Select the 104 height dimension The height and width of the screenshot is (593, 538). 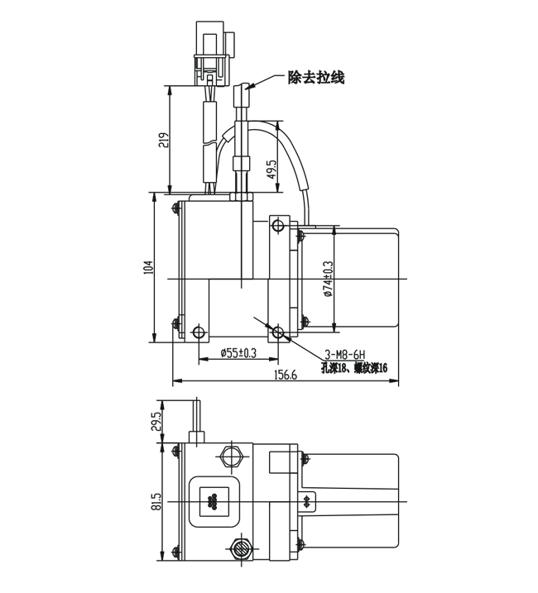point(148,266)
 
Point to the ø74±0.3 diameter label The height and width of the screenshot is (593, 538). point(328,278)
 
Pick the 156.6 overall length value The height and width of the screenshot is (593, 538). point(284,375)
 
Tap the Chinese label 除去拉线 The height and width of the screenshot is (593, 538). point(315,78)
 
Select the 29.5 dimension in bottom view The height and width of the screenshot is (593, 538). point(155,422)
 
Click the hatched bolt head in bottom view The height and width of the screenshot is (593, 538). point(243,546)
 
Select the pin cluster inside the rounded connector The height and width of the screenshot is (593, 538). point(213,501)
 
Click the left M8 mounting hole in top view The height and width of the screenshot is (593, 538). point(199,332)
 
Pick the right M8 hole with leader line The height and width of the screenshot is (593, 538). point(279,332)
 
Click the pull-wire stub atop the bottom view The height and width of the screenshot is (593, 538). point(199,418)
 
